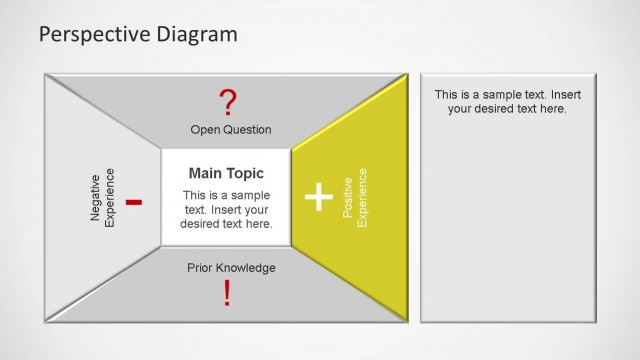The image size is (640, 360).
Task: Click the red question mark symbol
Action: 229,102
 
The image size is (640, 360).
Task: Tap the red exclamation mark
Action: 227,293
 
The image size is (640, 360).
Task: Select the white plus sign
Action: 318,197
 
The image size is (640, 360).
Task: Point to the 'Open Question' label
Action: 230,130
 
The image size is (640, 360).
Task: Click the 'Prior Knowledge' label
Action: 231,267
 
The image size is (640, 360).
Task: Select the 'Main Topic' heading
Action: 226,174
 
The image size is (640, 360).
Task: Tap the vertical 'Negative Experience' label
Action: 102,196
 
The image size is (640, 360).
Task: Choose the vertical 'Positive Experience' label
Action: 355,196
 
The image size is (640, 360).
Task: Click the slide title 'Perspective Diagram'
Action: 138,35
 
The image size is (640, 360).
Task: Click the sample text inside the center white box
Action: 226,209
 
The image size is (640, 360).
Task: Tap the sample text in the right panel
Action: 507,101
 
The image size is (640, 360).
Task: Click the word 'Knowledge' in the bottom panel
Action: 247,267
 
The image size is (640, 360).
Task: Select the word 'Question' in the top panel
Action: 246,130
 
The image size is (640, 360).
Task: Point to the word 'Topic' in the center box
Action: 246,174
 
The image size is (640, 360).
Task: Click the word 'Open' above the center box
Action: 204,130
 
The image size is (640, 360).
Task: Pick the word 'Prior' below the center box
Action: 201,267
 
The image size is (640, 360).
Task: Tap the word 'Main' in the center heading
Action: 206,174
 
